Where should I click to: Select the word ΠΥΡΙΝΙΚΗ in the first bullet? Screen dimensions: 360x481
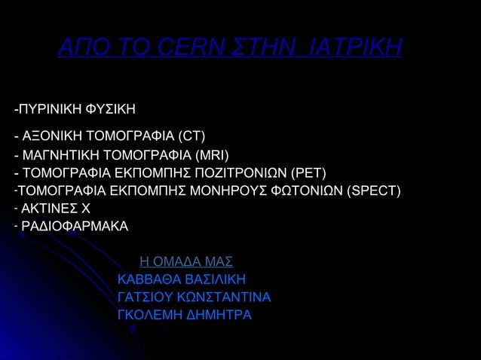tap(47, 110)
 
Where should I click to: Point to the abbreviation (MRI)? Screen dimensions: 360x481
tap(212, 157)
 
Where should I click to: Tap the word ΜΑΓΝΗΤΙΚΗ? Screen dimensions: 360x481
tap(63, 157)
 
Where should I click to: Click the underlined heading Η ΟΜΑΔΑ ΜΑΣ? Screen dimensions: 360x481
tap(186, 262)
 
